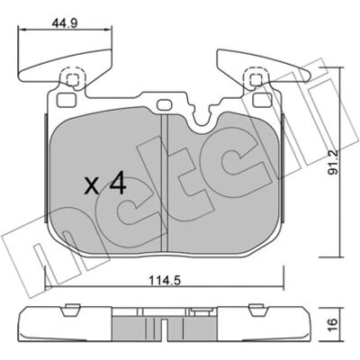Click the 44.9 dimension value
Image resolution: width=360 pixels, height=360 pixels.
pos(65,23)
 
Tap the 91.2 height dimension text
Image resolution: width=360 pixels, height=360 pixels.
pos(333,162)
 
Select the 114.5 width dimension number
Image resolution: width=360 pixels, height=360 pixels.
pos(164,281)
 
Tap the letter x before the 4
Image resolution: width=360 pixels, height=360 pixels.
pos(92,186)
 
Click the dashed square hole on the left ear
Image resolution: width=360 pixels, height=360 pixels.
pos(73,79)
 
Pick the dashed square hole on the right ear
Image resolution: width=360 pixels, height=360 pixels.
pos(256,79)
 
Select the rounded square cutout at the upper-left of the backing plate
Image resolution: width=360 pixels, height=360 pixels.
pos(65,100)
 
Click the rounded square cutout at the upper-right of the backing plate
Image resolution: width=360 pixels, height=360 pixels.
pos(263,100)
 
